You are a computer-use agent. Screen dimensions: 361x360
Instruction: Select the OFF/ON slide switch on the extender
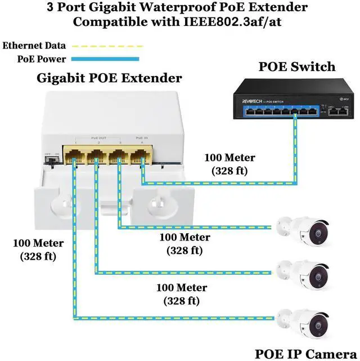[52, 159]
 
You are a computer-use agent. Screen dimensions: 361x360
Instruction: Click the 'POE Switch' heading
[296, 67]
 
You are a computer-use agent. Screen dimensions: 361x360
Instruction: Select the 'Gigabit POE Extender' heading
[109, 78]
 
